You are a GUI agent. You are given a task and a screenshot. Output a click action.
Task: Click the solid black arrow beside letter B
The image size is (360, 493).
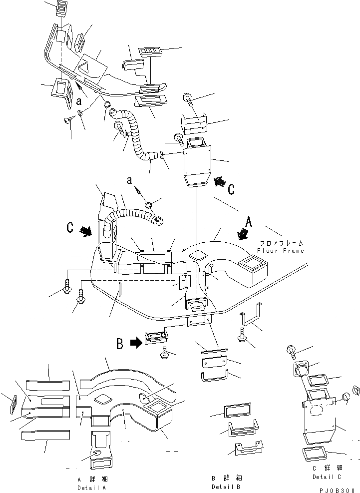pyautogui.click(x=135, y=343)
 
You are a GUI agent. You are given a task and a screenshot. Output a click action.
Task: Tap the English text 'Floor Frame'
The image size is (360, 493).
pyautogui.click(x=281, y=250)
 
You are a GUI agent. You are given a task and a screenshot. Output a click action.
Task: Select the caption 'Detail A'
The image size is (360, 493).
pyautogui.click(x=91, y=488)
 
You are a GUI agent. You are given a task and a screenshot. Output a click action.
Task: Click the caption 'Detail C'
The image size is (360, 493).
pyautogui.click(x=327, y=477)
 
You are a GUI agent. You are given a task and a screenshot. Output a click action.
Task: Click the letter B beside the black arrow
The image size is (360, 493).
pyautogui.click(x=120, y=344)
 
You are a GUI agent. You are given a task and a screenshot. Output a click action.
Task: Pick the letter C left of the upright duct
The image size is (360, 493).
pyautogui.click(x=70, y=228)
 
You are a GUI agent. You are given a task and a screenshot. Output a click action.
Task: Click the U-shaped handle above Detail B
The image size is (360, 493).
pyautogui.click(x=215, y=374)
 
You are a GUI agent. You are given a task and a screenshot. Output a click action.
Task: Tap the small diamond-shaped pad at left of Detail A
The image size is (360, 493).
pyautogui.click(x=14, y=402)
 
